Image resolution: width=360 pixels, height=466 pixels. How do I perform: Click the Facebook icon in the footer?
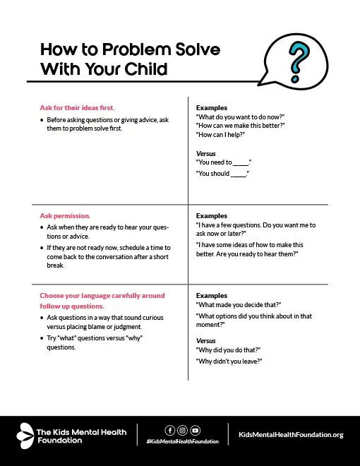click(169, 430)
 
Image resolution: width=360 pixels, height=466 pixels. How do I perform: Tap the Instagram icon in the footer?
click(182, 430)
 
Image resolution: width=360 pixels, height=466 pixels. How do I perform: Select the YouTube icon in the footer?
click(195, 430)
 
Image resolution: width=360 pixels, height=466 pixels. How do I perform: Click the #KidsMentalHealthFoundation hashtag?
click(182, 441)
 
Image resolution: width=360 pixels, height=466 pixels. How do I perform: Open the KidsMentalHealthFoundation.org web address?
click(292, 435)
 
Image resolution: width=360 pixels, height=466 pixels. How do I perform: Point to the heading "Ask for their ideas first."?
click(77, 108)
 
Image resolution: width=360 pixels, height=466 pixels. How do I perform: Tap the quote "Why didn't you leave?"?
click(229, 361)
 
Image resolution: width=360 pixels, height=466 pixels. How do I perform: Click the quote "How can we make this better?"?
click(239, 125)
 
